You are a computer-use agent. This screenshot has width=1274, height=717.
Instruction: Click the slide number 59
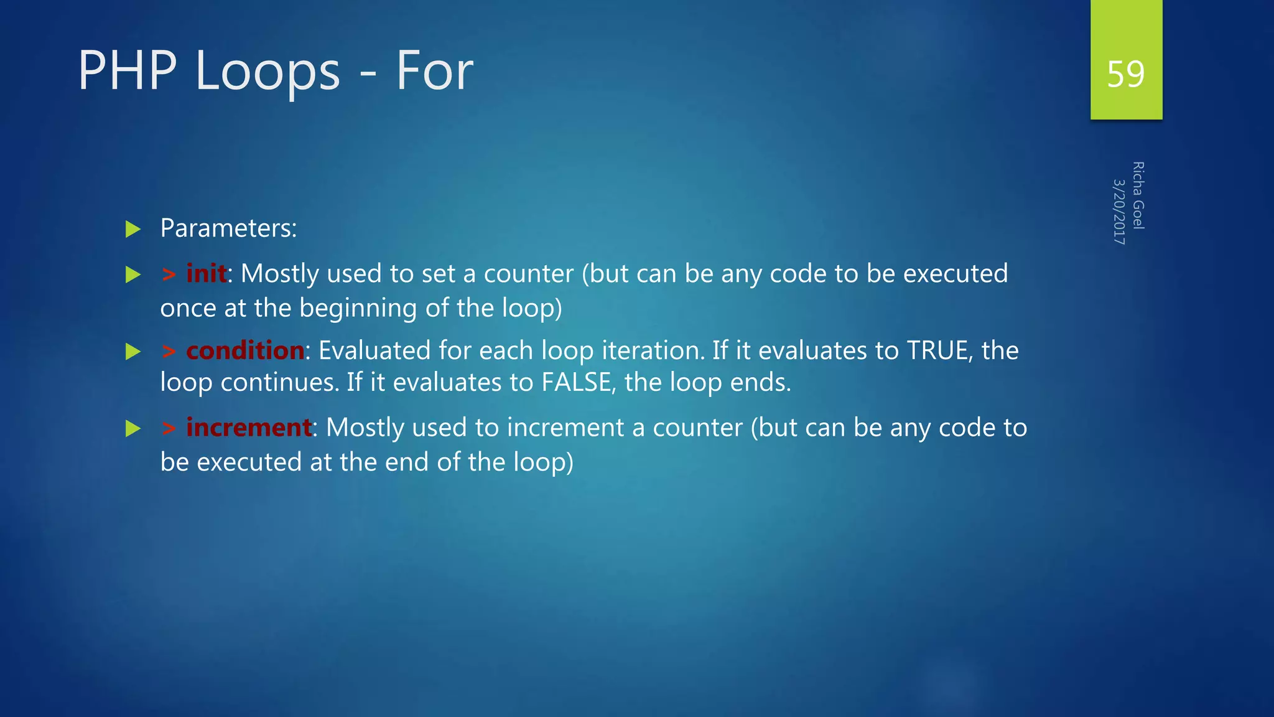tap(1125, 74)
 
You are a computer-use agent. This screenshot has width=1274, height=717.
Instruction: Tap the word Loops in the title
tap(267, 72)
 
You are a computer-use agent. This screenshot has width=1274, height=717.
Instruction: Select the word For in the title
tap(434, 71)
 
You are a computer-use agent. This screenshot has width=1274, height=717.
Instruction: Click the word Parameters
tap(228, 228)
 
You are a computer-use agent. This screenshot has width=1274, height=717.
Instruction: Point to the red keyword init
tap(206, 274)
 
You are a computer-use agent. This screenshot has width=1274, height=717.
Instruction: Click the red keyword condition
tap(245, 350)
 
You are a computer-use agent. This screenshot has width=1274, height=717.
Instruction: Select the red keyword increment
tap(249, 428)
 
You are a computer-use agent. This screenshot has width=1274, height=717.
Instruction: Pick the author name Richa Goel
tap(1138, 195)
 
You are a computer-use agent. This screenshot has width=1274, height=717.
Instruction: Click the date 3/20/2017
tap(1118, 212)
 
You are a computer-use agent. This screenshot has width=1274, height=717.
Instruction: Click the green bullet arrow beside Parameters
tap(133, 229)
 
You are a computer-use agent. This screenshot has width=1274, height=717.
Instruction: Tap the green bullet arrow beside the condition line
tap(133, 352)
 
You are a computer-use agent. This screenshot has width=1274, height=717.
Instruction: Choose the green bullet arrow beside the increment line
tap(133, 428)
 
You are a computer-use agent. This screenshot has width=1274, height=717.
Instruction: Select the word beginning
tap(358, 308)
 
